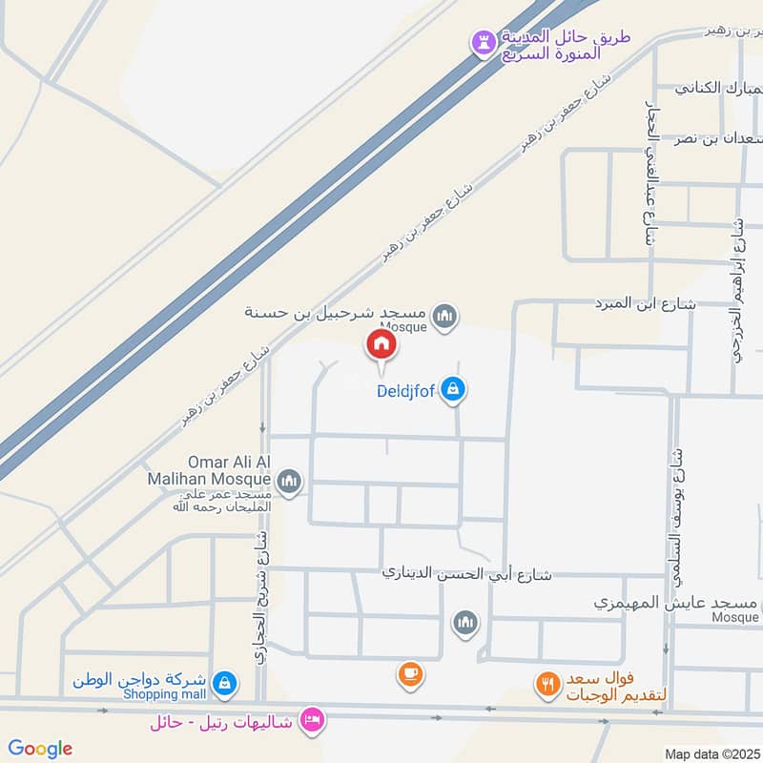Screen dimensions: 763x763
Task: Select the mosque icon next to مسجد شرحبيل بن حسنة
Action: coord(443,316)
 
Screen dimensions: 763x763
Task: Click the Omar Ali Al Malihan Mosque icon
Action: coord(291,482)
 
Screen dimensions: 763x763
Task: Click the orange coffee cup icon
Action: coord(410,674)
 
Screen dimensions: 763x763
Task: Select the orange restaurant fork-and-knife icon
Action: coord(546,683)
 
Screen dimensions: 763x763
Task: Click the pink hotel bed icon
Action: coord(311,718)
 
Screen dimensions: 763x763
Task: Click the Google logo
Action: coord(40,749)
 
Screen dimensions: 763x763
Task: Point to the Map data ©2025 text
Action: coord(711,753)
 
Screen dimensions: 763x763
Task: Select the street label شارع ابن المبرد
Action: coord(644,305)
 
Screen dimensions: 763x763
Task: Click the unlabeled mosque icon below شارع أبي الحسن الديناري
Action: coord(464,623)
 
